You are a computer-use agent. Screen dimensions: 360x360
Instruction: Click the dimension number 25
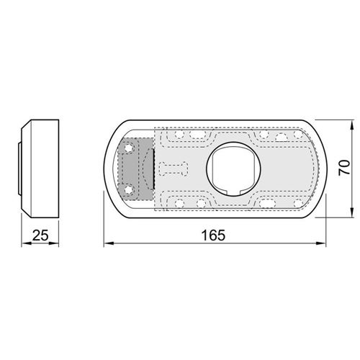[40, 235]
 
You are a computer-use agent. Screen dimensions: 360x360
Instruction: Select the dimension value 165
[213, 235]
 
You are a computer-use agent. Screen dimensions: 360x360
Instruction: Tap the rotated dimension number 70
[344, 168]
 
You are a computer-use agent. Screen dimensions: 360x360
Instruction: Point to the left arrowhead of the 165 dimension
[109, 243]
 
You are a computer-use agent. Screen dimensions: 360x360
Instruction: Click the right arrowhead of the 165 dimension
[321, 243]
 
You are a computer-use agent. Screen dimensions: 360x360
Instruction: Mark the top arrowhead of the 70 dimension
[352, 125]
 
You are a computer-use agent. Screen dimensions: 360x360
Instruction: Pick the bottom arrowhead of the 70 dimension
[352, 212]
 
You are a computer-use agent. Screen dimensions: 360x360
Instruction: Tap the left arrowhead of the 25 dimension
[27, 243]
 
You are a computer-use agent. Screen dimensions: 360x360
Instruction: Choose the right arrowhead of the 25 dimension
[54, 243]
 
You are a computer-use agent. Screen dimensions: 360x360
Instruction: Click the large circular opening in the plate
[233, 169]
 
